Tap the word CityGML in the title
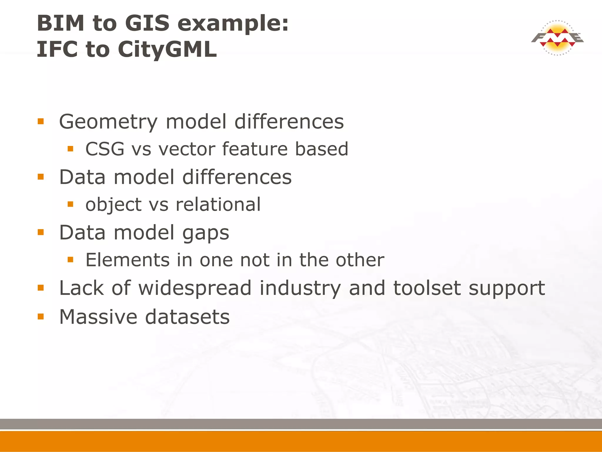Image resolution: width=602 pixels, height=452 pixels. tap(167, 49)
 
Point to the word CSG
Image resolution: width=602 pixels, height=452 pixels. tap(105, 149)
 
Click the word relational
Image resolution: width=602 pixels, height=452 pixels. tap(218, 204)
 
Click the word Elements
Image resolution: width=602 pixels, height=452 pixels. tap(128, 260)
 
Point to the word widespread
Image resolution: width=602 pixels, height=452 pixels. tap(195, 288)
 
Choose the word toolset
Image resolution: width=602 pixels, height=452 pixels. tap(427, 288)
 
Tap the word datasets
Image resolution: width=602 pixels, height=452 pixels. tap(188, 317)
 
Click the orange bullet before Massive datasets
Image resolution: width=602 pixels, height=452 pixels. tap(41, 317)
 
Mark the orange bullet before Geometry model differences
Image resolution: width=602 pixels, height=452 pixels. tap(41, 121)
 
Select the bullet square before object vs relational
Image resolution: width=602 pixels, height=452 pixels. tap(70, 204)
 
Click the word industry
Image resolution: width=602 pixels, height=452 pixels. tap(300, 288)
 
